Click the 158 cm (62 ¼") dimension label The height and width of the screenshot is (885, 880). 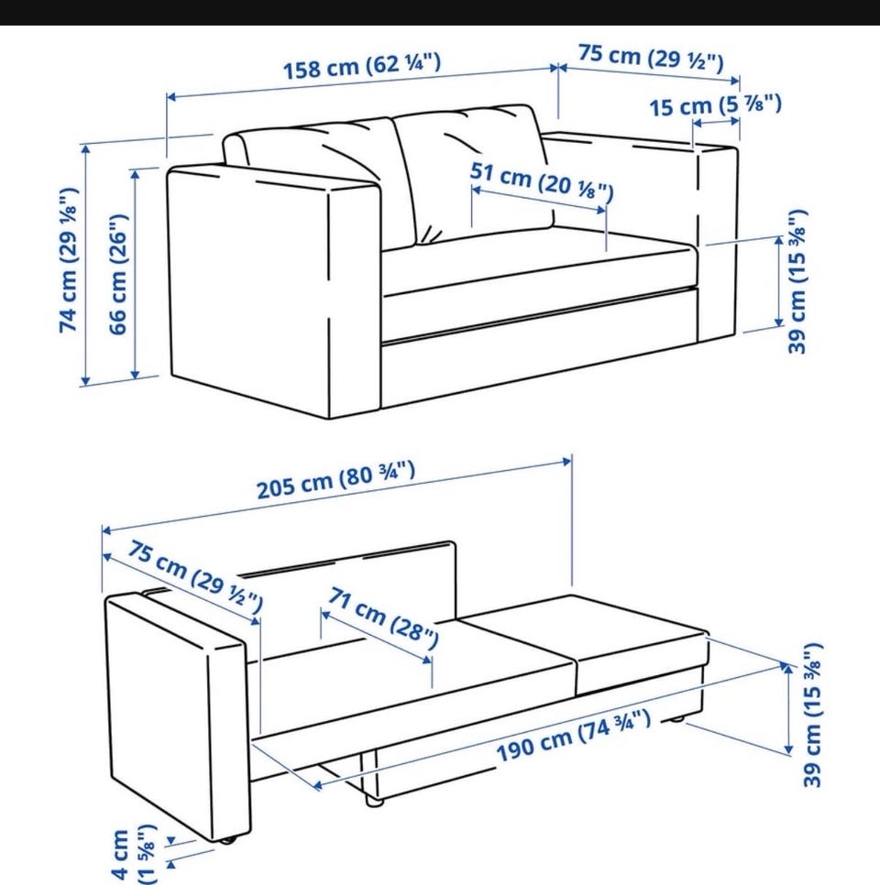(x=361, y=66)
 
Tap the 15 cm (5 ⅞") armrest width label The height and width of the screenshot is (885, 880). (x=715, y=105)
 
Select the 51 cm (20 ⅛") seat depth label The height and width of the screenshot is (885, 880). (x=541, y=181)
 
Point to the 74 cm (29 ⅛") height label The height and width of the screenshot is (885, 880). (x=69, y=259)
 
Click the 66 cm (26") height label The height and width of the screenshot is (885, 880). (x=118, y=274)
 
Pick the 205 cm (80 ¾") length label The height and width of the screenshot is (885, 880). (x=336, y=480)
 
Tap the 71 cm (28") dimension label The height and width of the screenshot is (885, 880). (x=383, y=617)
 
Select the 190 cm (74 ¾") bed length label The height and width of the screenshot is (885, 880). (x=573, y=736)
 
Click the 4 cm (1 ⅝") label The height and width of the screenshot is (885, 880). (x=134, y=855)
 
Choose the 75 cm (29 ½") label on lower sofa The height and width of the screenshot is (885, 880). (x=195, y=575)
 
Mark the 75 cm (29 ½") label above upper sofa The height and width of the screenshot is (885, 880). (x=651, y=58)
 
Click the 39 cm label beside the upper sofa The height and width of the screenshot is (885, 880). (x=797, y=281)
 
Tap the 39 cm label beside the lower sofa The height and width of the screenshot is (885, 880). (x=812, y=715)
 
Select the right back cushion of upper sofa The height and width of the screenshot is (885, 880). (x=475, y=169)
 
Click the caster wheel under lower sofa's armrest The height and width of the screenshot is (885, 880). (x=228, y=840)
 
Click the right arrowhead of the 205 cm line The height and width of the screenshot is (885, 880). (x=566, y=462)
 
